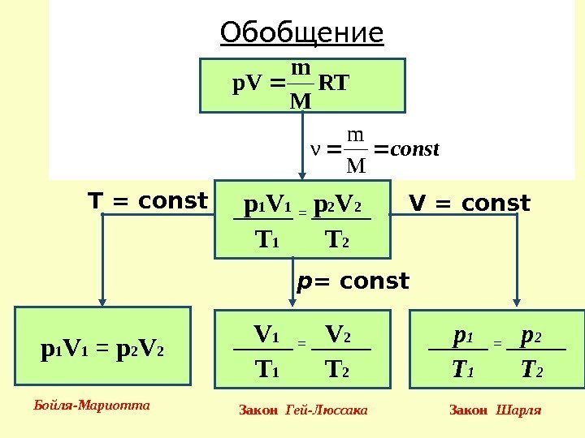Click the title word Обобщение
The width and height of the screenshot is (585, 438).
tap(301, 33)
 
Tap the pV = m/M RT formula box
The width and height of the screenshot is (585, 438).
tap(301, 84)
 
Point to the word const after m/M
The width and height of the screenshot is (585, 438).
tap(415, 149)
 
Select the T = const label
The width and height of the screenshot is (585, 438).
tap(148, 200)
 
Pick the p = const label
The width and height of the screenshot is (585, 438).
tap(353, 281)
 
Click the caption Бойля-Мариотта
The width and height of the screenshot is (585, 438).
tap(93, 403)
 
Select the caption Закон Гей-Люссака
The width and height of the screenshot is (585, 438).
tap(303, 410)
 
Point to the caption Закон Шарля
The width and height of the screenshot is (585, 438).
tap(495, 410)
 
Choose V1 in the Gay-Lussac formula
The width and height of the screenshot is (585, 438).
tap(266, 333)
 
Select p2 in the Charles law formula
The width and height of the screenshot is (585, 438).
tap(532, 335)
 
